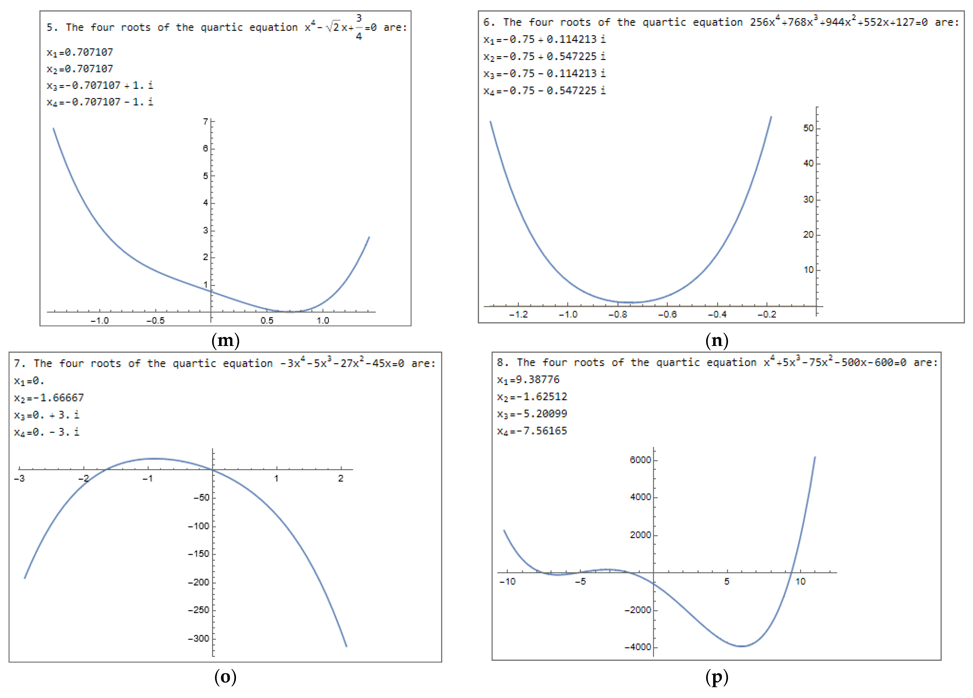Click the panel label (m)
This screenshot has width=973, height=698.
click(225, 340)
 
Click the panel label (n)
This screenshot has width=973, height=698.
click(717, 340)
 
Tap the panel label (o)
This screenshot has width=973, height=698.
click(225, 677)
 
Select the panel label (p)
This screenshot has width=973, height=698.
click(717, 677)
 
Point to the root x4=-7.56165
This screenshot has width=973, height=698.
click(532, 431)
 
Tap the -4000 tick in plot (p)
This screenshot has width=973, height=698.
click(638, 647)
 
